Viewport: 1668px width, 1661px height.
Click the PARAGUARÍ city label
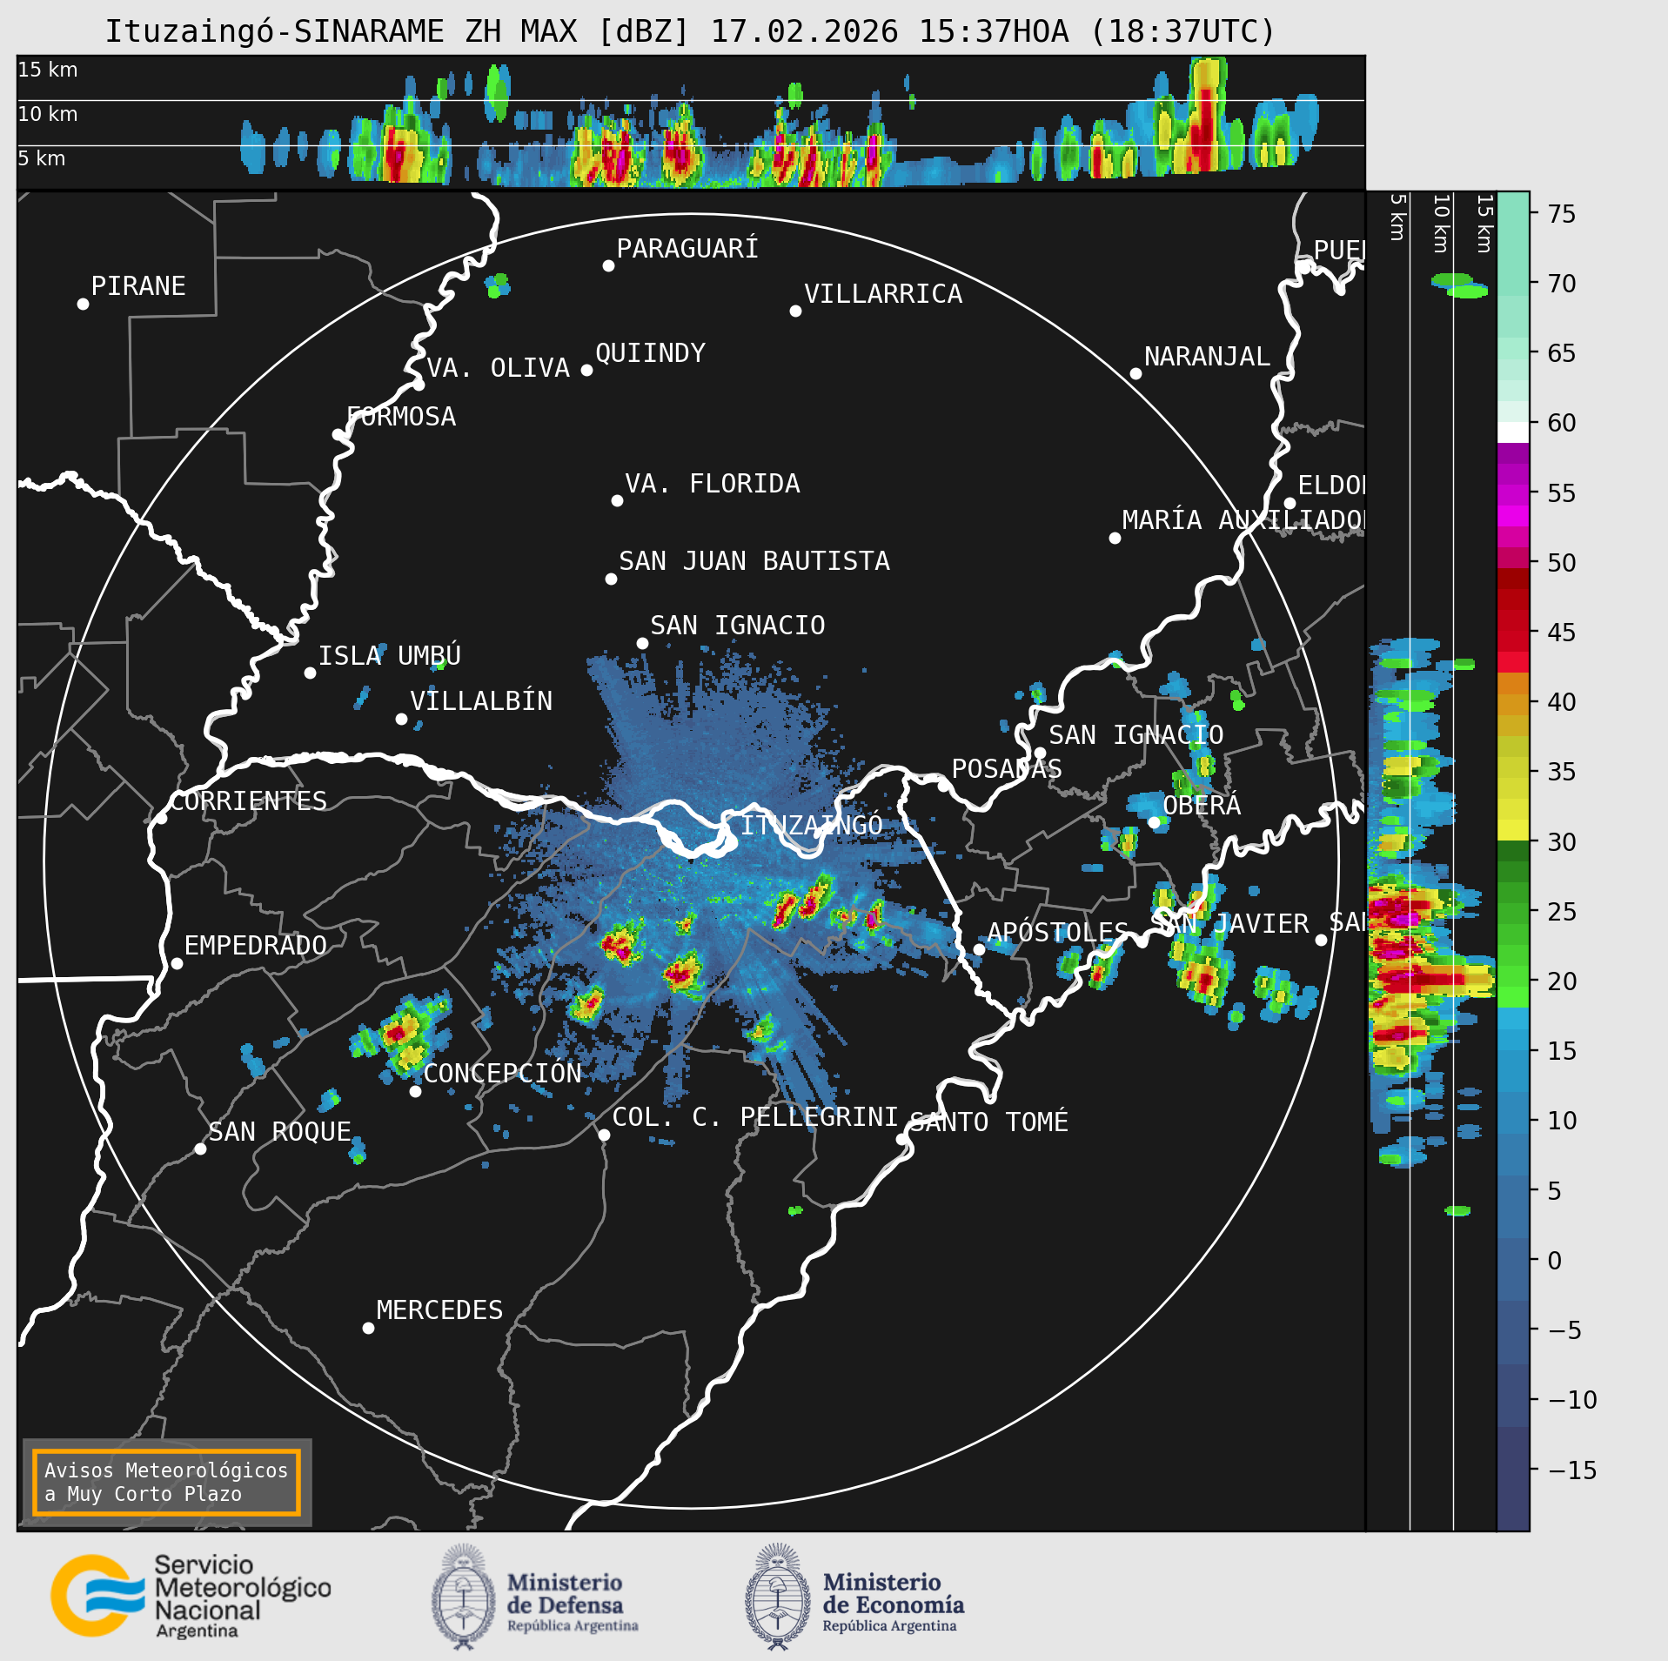pos(687,249)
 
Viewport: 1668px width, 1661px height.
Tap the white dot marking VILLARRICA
pos(795,311)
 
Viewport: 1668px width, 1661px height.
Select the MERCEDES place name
pos(439,1309)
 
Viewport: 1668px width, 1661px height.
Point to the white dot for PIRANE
pos(83,304)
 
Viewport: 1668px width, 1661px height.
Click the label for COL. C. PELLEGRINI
pos(754,1116)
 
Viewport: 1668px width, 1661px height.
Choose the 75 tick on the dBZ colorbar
pos(1561,214)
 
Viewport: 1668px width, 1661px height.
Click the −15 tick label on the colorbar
pos(1572,1470)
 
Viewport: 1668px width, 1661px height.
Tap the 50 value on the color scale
pos(1561,563)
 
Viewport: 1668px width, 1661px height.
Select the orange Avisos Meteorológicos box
pos(166,1482)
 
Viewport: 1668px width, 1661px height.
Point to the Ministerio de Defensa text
pos(565,1593)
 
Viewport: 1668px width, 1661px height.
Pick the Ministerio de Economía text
pos(893,1593)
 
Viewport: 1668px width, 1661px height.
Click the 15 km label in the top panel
pos(48,70)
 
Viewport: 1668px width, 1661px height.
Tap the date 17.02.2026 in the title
pos(804,32)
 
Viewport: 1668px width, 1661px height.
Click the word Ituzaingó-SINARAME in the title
pos(274,32)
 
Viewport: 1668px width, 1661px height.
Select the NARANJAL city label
pos(1206,356)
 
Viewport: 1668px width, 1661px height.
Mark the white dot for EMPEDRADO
pos(177,963)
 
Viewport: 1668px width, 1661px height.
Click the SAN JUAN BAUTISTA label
pos(754,561)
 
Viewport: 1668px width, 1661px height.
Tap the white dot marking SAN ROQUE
pos(200,1149)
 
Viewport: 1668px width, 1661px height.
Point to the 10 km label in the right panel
pos(1441,224)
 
